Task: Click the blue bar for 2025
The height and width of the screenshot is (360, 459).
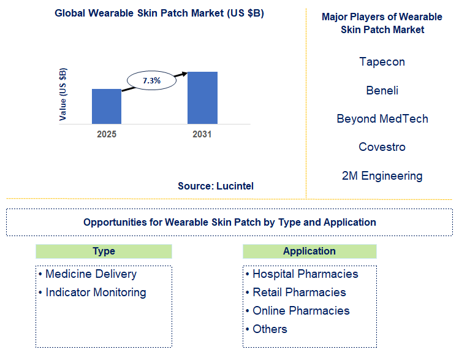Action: pos(107,106)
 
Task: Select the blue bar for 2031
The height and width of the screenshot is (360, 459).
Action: pos(202,98)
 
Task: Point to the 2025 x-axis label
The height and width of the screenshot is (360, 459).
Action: pos(107,134)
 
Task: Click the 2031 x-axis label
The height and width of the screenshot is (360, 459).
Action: pos(202,134)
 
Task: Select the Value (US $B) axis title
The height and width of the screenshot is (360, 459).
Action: pos(63,94)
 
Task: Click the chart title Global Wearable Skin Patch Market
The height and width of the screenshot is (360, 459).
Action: pos(159,13)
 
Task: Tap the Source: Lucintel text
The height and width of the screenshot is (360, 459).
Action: pos(216,186)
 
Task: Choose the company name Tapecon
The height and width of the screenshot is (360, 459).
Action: pos(382,62)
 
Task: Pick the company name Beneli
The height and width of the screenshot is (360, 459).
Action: pos(382,91)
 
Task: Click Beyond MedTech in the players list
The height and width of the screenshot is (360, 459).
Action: pos(382,119)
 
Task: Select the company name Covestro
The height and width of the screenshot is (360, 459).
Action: pos(382,147)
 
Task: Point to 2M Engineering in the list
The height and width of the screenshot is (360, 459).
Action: pos(382,176)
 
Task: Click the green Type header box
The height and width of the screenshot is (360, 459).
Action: pos(104,251)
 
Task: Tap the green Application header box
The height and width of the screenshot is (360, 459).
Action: pos(309,251)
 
